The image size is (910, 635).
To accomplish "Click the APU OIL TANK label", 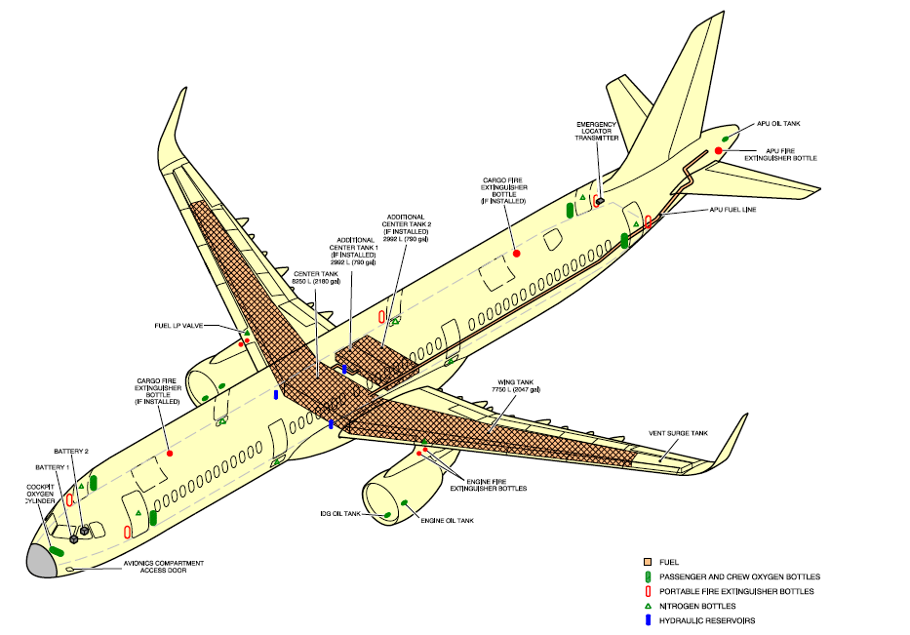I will pos(778,125).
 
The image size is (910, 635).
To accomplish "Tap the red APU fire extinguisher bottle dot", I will pos(719,150).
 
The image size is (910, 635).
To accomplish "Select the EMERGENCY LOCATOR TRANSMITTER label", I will pos(598,131).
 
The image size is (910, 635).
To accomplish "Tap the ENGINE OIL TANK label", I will pos(447,521).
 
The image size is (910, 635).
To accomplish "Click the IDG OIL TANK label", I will pos(340,513).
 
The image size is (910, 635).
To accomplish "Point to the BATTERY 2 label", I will pos(71,452).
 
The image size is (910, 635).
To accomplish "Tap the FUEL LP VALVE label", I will pos(178,326).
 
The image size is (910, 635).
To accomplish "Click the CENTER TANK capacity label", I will pos(316,277).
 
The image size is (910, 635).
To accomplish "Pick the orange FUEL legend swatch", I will pos(647,563).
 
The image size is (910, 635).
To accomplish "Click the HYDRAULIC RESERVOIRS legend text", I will pos(707,620).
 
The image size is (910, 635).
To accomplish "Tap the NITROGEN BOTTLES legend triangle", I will pos(647,606).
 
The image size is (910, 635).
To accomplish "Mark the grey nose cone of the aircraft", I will pos(40,560).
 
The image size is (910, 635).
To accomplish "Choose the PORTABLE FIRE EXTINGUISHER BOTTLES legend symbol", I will pos(647,591).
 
